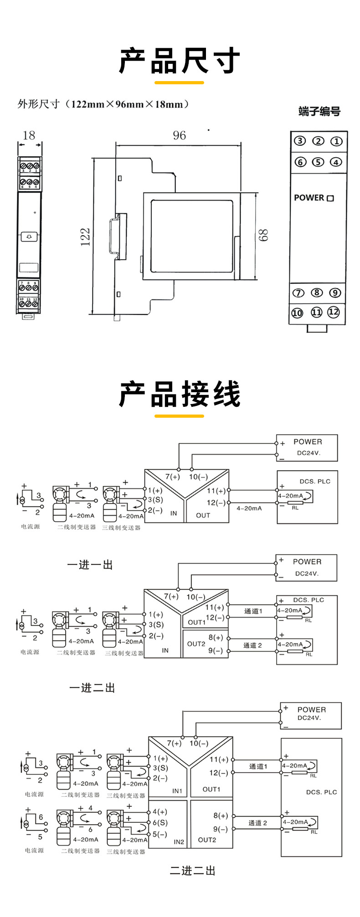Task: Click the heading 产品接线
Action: pos(180,394)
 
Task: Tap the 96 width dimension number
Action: pos(179,135)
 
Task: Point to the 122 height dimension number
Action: pos(85,237)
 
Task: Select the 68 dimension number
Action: pos(263,235)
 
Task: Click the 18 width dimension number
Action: pos(29,135)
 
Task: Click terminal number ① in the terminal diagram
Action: pos(336,141)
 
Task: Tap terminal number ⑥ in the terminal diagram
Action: pos(300,162)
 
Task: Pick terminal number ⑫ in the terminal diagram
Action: pos(334,312)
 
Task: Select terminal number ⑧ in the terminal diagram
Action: pos(317,293)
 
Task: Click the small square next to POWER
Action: pos(330,198)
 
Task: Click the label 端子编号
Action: pos(319,112)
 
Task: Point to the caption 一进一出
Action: pos(90,565)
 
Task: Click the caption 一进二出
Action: pos(92,688)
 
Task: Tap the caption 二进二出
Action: pos(192,871)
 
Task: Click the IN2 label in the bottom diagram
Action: pos(179,842)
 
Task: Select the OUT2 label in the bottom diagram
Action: pos(207,840)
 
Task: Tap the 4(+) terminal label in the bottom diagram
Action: pos(159,812)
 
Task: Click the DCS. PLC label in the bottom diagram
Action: pos(321,792)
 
